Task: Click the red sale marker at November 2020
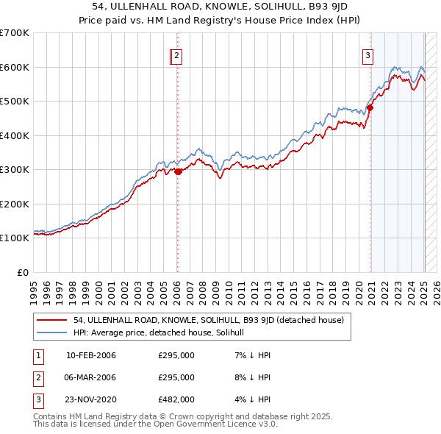(370, 107)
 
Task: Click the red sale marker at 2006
(178, 171)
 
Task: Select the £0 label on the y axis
(22, 272)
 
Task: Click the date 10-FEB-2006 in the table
(91, 357)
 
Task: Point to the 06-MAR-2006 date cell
(91, 378)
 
